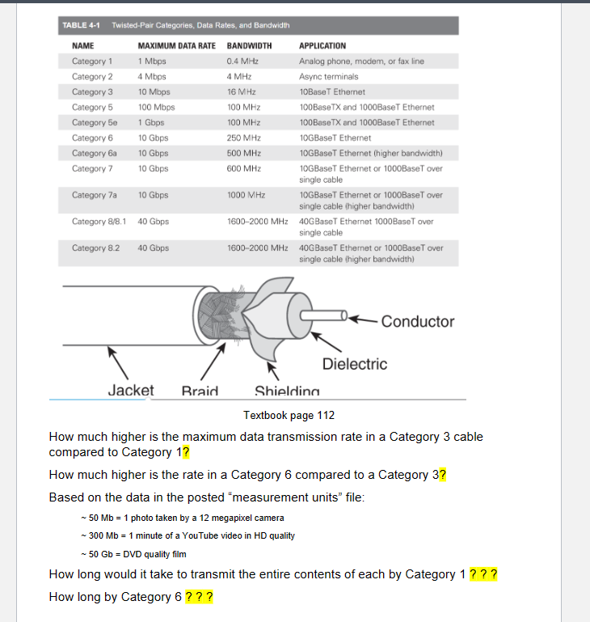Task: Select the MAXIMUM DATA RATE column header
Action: [178, 46]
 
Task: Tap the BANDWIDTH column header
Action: [249, 46]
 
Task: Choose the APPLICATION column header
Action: [322, 46]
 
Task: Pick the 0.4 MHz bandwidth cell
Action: [243, 61]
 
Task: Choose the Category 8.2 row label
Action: [95, 248]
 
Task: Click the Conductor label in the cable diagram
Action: [417, 321]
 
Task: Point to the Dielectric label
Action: [355, 364]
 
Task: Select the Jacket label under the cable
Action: [131, 391]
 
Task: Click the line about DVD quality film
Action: [133, 554]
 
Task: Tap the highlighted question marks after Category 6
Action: [199, 597]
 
